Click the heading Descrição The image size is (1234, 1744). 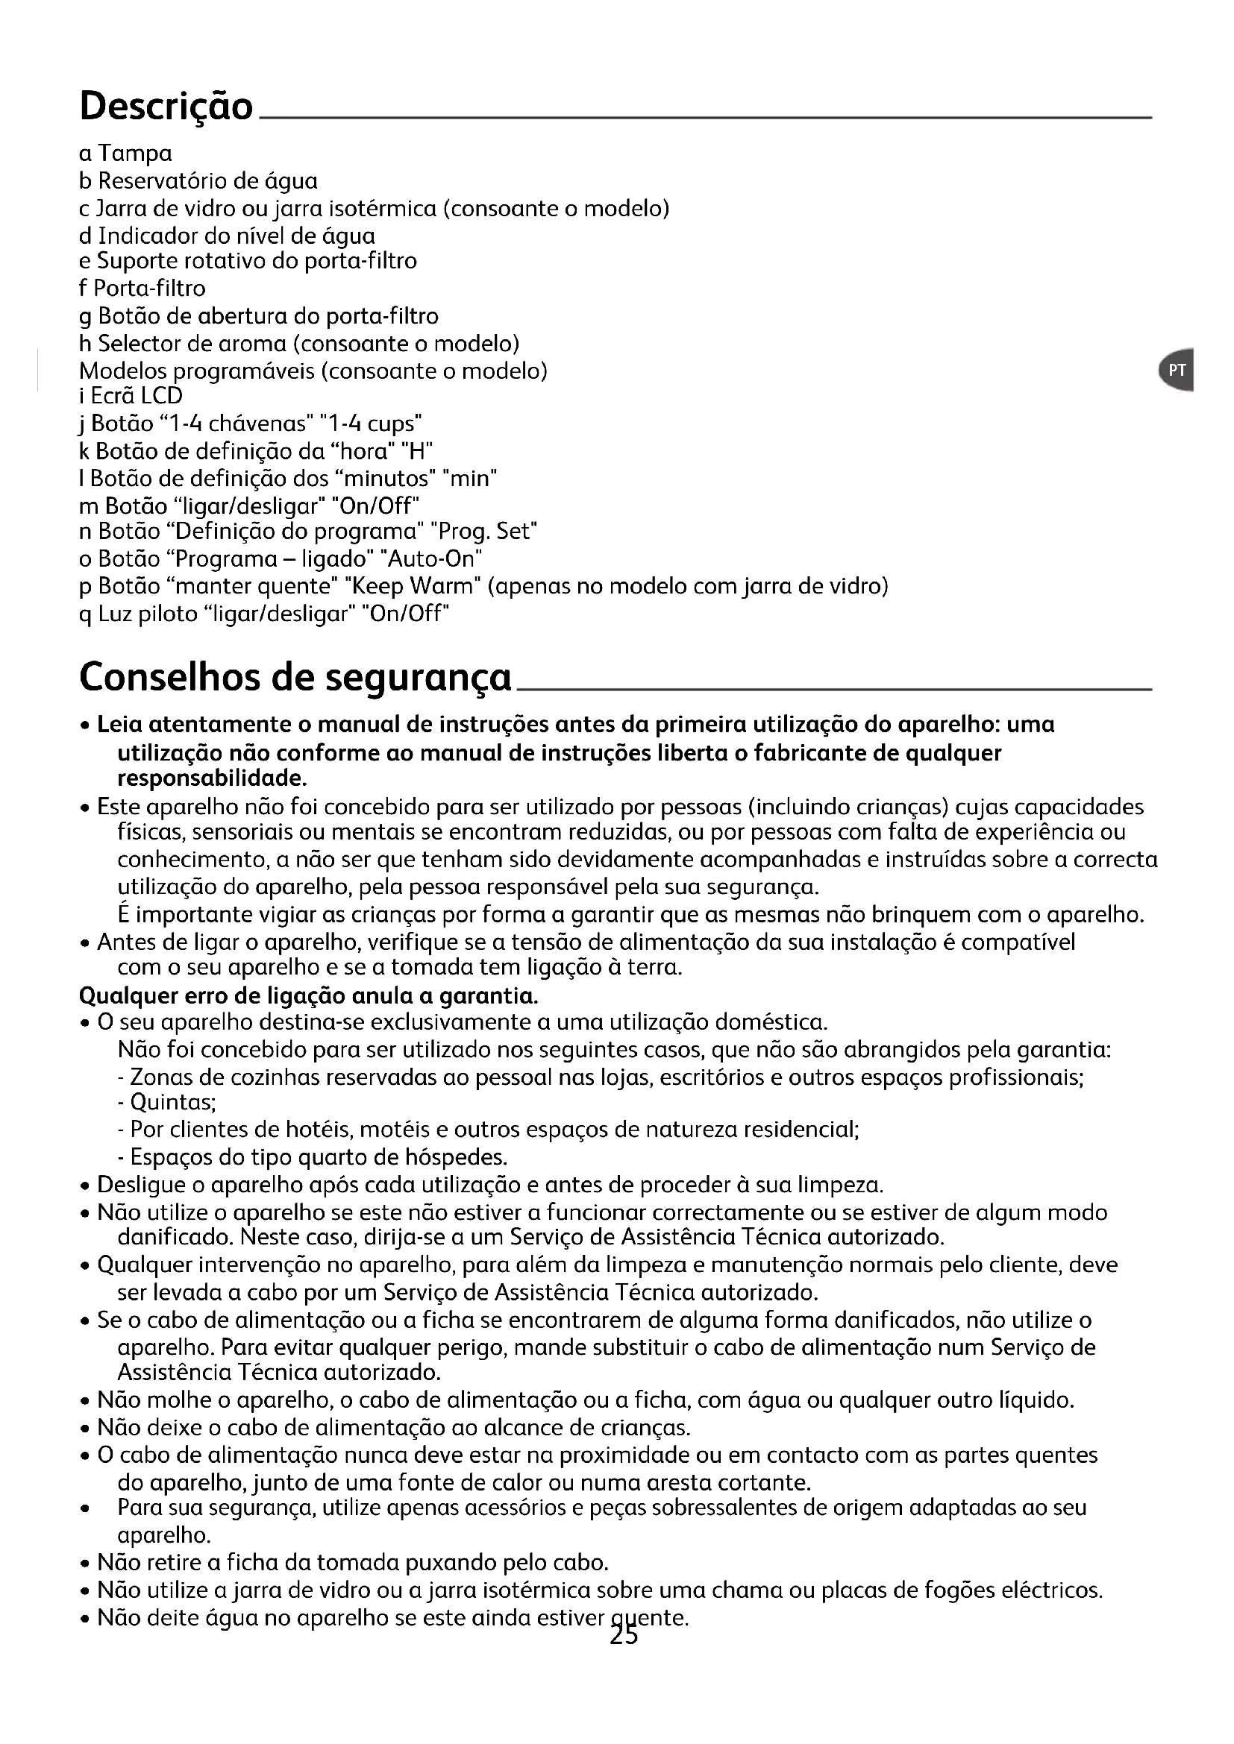[x=166, y=107]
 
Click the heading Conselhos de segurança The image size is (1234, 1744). [x=295, y=677]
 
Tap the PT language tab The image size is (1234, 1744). [x=1177, y=370]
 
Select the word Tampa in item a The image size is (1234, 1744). [x=135, y=154]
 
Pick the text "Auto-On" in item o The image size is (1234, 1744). [x=435, y=559]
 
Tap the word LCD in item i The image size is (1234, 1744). [x=162, y=396]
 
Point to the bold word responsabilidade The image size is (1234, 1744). [x=212, y=779]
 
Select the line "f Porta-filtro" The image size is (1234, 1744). [x=142, y=289]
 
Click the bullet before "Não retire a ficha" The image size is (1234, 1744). [x=86, y=1565]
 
